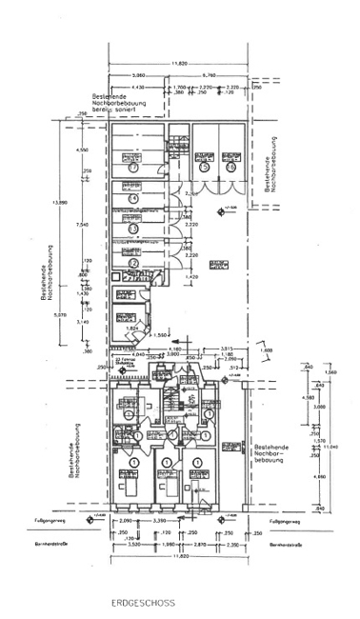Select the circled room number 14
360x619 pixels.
pyautogui.click(x=134, y=197)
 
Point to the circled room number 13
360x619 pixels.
pyautogui.click(x=134, y=230)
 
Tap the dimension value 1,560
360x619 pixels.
pyautogui.click(x=135, y=337)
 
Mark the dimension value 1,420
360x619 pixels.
pyautogui.click(x=191, y=277)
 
